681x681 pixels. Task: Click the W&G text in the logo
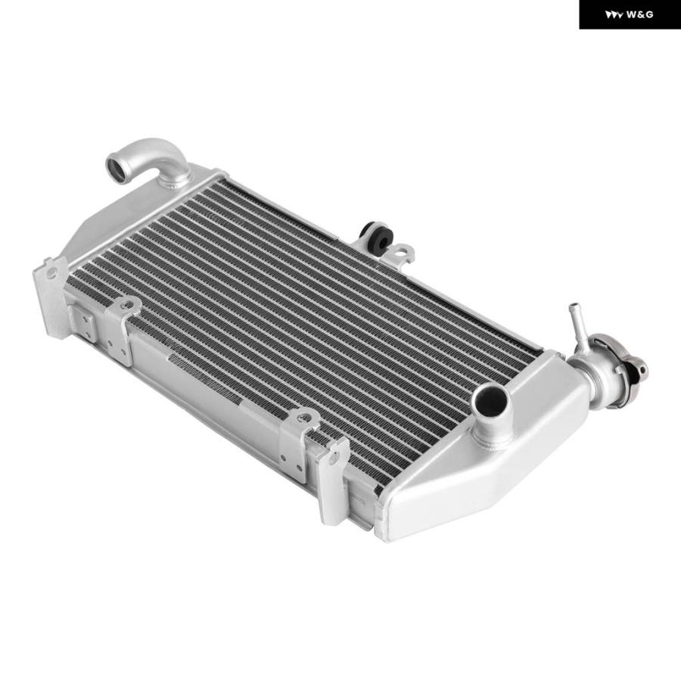[x=639, y=15]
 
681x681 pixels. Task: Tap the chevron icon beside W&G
[x=614, y=15]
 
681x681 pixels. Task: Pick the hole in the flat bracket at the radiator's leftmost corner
[x=51, y=272]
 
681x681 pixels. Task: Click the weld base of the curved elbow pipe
[x=175, y=178]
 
